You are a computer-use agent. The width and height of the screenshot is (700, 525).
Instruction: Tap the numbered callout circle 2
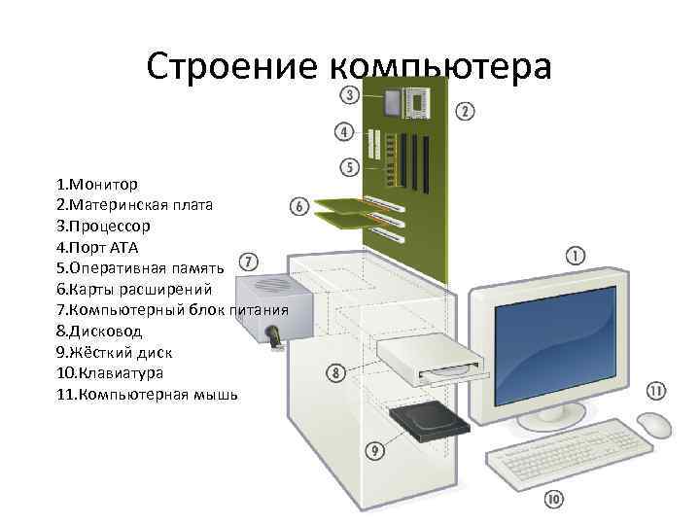(x=466, y=112)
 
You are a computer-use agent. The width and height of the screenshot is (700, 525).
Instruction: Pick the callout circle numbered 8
(x=335, y=373)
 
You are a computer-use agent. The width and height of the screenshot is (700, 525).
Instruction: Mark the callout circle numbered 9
(x=374, y=450)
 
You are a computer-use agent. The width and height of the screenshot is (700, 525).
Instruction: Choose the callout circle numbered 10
(x=553, y=500)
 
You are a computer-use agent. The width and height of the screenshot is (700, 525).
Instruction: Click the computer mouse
(x=653, y=424)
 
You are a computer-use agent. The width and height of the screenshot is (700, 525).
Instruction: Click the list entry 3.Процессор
(x=103, y=226)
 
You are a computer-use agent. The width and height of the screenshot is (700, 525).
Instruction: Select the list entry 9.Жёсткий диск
(x=115, y=352)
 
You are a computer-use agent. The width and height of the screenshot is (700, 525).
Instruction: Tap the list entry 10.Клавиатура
(x=110, y=373)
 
